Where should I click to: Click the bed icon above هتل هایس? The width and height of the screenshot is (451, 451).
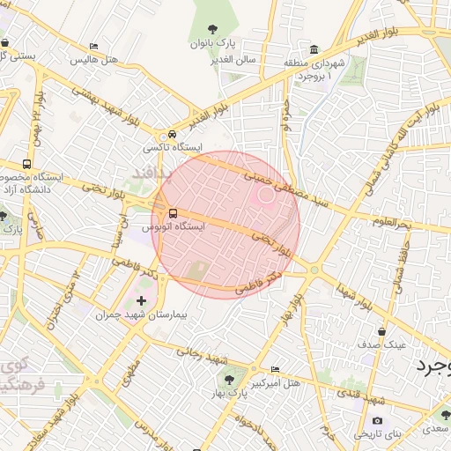click(94, 47)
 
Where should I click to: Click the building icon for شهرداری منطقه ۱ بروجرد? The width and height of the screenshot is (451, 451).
click(314, 48)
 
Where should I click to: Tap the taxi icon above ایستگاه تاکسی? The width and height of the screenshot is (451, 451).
click(172, 134)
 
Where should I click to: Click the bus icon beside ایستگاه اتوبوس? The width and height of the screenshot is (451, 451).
click(173, 213)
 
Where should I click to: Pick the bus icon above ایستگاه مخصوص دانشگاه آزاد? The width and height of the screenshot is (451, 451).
click(27, 164)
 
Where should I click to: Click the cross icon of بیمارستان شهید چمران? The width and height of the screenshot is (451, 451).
click(141, 301)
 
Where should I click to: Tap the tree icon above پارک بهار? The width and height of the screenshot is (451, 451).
click(229, 381)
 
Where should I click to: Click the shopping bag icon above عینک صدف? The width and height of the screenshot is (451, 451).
click(381, 331)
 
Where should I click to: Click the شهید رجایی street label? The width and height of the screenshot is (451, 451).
click(203, 357)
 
